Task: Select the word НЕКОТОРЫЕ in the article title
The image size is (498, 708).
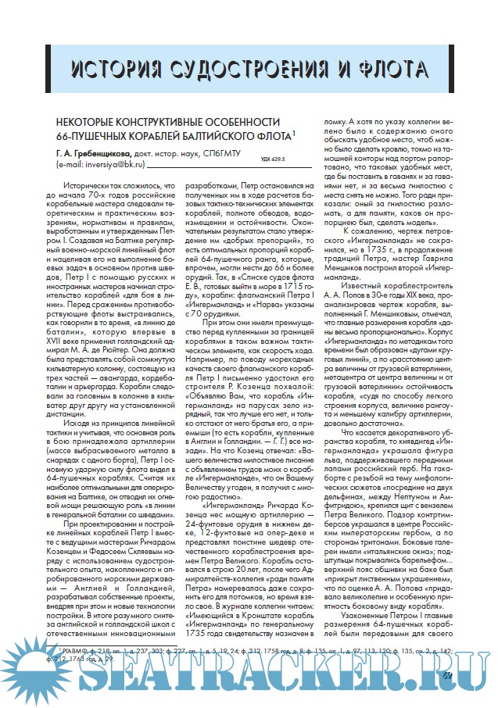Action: point(88,123)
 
